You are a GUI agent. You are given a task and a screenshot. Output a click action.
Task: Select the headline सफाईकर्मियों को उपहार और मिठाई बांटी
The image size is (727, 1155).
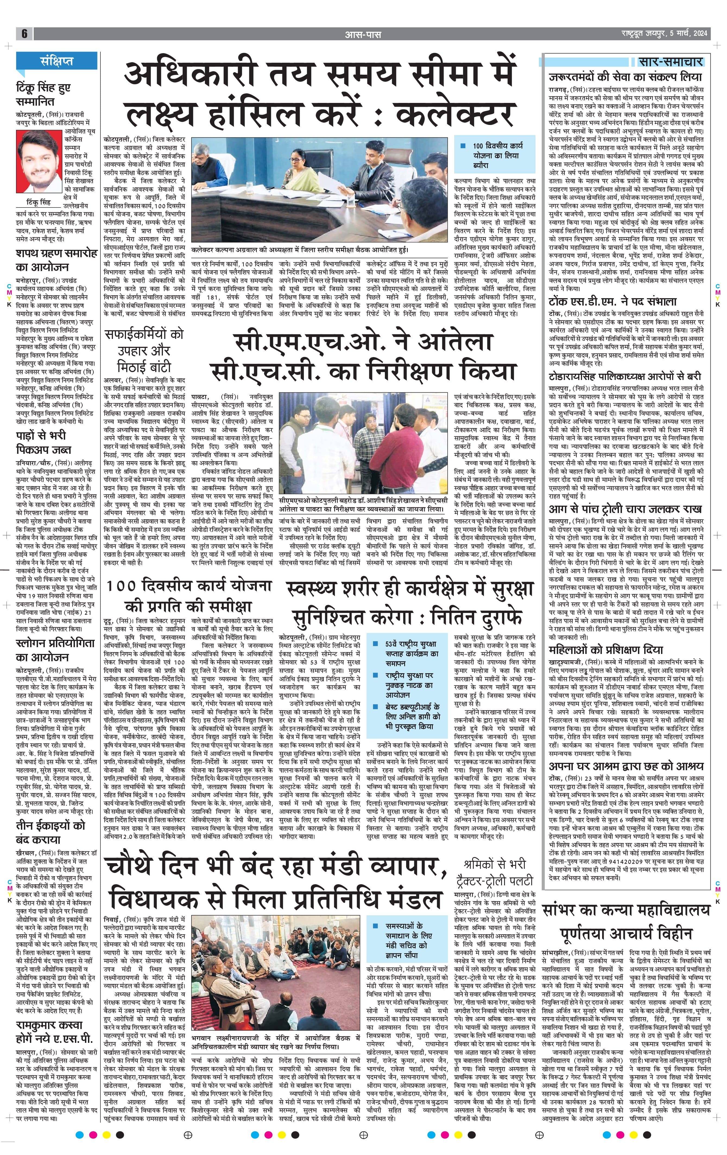coord(145,351)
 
